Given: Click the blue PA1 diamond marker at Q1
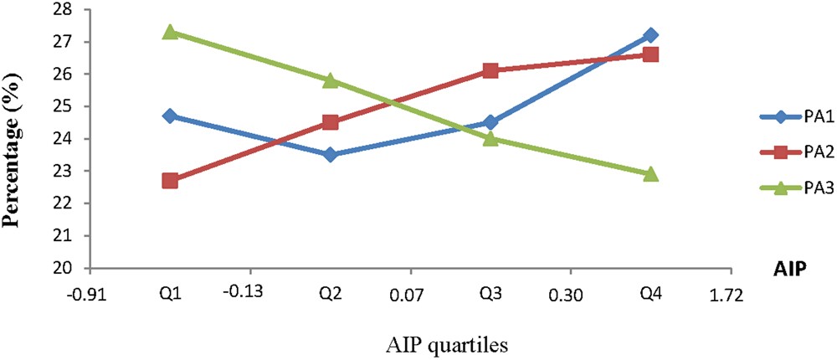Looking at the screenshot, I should (170, 116).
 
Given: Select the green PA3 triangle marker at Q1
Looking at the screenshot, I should (170, 31).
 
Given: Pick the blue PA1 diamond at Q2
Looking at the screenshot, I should (330, 154).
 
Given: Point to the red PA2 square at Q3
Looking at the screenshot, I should (490, 70).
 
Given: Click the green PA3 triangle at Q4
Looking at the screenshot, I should (650, 174).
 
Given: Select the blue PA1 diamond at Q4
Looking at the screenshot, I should (650, 35).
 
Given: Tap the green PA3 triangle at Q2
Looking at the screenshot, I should (330, 80).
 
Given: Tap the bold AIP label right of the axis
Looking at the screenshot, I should (791, 267).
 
